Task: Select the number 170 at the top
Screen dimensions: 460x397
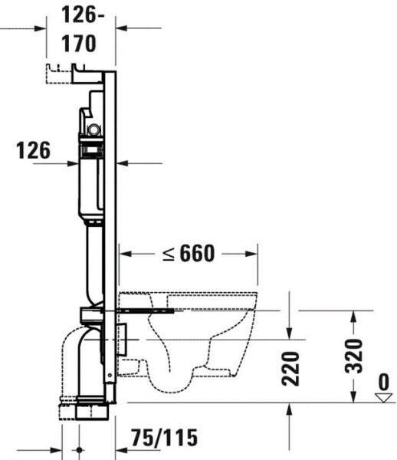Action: (80, 44)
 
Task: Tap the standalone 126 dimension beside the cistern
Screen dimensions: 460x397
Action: (33, 151)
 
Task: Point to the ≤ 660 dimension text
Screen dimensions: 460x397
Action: (187, 254)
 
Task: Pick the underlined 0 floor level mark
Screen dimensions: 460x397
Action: (383, 381)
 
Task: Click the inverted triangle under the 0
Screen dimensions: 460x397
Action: (383, 396)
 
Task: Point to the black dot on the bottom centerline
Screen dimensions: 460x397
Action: (79, 450)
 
